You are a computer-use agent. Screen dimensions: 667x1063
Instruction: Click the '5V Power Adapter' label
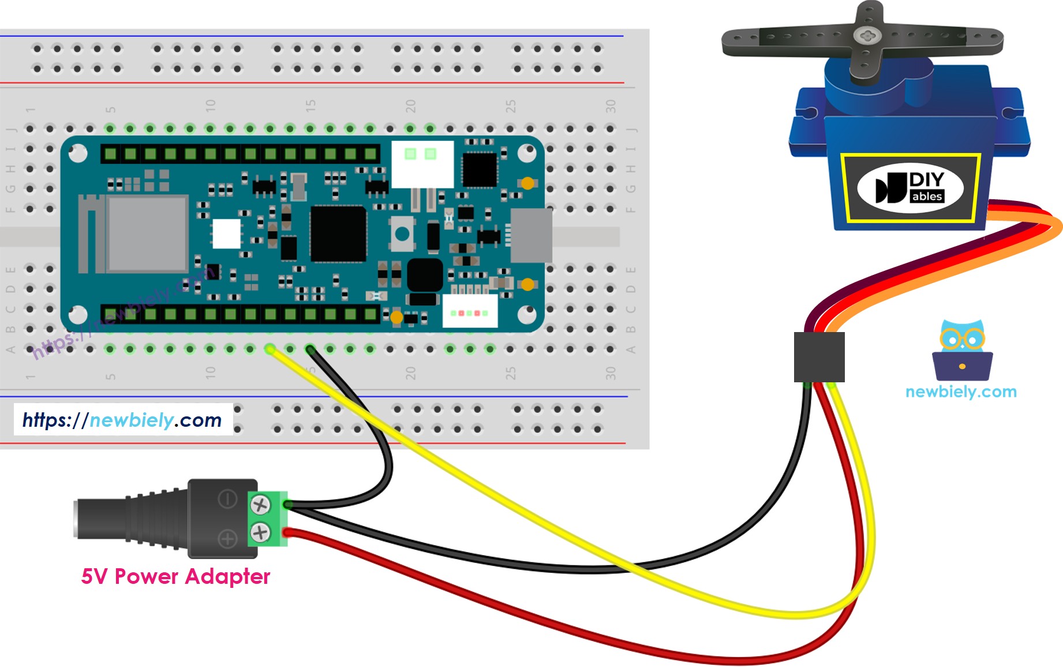[175, 576]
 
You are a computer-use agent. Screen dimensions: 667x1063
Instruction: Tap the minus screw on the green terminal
[260, 505]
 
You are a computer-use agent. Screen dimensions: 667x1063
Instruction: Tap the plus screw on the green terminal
[260, 532]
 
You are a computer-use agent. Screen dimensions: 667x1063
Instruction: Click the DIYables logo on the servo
[910, 188]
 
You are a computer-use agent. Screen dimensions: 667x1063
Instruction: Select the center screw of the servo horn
[866, 36]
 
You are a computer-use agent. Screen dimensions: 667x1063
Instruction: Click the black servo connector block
[819, 356]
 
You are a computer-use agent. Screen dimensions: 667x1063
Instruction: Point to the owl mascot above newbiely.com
[962, 349]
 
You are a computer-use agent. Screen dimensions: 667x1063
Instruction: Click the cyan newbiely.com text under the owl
[961, 392]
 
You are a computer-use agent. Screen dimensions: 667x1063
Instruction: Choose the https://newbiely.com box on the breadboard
[123, 420]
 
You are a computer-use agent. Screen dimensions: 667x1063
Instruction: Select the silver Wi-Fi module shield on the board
[148, 233]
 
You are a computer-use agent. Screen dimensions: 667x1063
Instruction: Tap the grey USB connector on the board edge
[531, 235]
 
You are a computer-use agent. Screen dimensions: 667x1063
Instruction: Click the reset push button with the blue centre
[402, 234]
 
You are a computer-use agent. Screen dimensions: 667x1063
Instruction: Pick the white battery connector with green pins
[422, 163]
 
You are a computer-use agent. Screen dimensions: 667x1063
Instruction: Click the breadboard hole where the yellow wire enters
[270, 349]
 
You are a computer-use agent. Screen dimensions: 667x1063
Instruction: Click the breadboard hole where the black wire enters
[310, 349]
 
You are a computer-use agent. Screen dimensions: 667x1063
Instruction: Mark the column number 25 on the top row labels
[510, 106]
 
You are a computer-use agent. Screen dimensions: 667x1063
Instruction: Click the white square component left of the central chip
[226, 234]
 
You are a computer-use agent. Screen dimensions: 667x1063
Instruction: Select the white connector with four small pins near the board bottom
[470, 311]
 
